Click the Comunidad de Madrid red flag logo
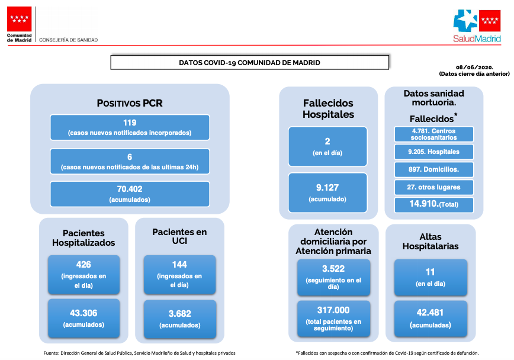click(20, 19)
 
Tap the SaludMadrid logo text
click(477, 38)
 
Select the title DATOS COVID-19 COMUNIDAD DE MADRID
click(249, 63)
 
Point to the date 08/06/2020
click(474, 67)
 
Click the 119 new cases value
click(130, 123)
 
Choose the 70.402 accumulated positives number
click(130, 189)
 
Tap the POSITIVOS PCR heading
click(130, 103)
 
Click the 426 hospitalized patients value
click(83, 265)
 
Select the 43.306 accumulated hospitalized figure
click(83, 313)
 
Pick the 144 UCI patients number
click(179, 265)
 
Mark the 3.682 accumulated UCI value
click(179, 314)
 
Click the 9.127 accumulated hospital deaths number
click(327, 188)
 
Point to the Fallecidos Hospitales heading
click(328, 109)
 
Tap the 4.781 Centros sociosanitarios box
click(433, 134)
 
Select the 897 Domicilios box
click(433, 169)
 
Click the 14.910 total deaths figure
click(424, 204)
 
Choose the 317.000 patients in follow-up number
click(333, 310)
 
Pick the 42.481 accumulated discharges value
click(430, 313)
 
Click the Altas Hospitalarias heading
click(431, 242)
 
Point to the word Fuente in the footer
click(51, 353)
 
